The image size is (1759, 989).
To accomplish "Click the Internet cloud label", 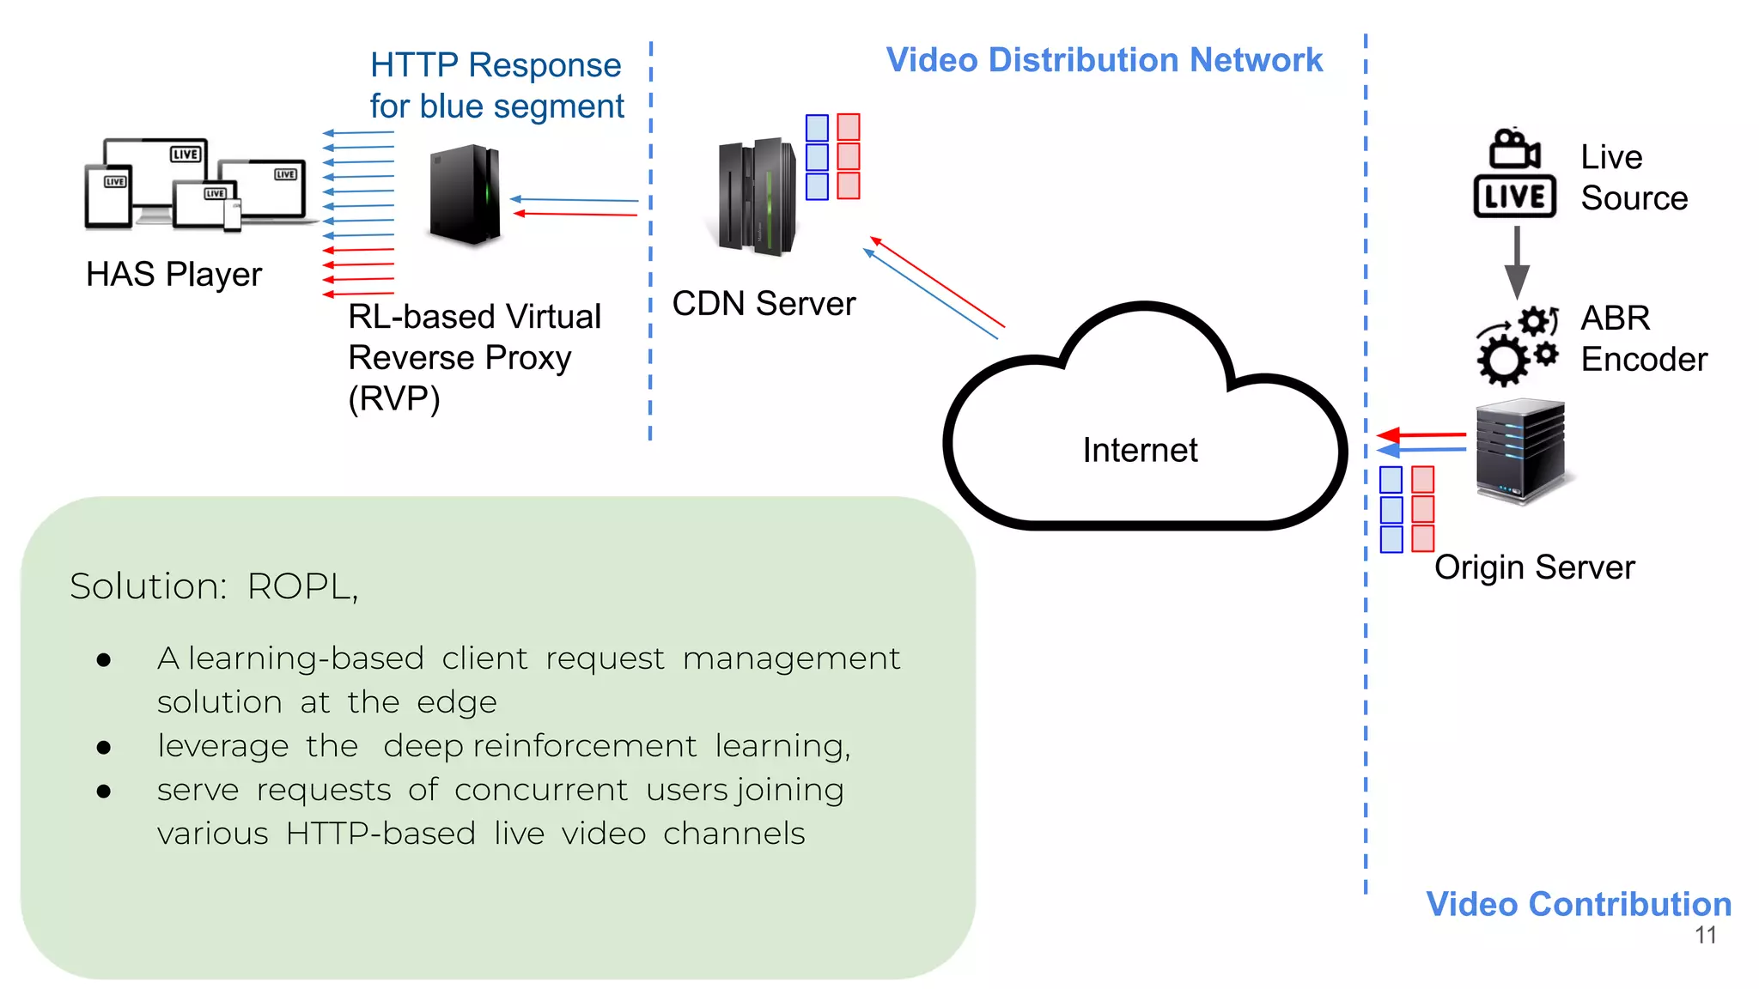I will tap(1139, 450).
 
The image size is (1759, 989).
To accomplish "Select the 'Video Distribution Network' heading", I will tap(1104, 60).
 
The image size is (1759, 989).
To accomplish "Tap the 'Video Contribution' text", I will tap(1578, 904).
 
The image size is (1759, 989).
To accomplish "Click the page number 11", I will tap(1705, 935).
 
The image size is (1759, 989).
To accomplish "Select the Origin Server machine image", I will tap(1520, 450).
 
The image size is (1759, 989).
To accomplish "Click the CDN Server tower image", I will tap(757, 197).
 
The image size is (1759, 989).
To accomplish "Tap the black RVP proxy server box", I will tap(465, 195).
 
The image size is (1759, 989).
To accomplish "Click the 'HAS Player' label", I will tap(173, 275).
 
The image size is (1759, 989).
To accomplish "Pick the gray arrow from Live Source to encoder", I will tap(1517, 262).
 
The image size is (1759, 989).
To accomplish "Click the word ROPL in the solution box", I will tap(301, 586).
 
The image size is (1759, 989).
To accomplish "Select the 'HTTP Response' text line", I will tap(495, 65).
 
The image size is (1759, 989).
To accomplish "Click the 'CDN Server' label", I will tap(764, 304).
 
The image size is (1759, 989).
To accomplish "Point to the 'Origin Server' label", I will tap(1534, 567).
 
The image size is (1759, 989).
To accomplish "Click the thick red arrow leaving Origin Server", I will tap(1421, 435).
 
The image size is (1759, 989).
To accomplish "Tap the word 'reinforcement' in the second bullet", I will tap(584, 745).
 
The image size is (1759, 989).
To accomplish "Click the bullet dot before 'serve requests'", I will tap(104, 791).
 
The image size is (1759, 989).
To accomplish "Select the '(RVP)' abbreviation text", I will tap(393, 399).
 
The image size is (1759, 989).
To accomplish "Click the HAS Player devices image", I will tap(195, 185).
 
